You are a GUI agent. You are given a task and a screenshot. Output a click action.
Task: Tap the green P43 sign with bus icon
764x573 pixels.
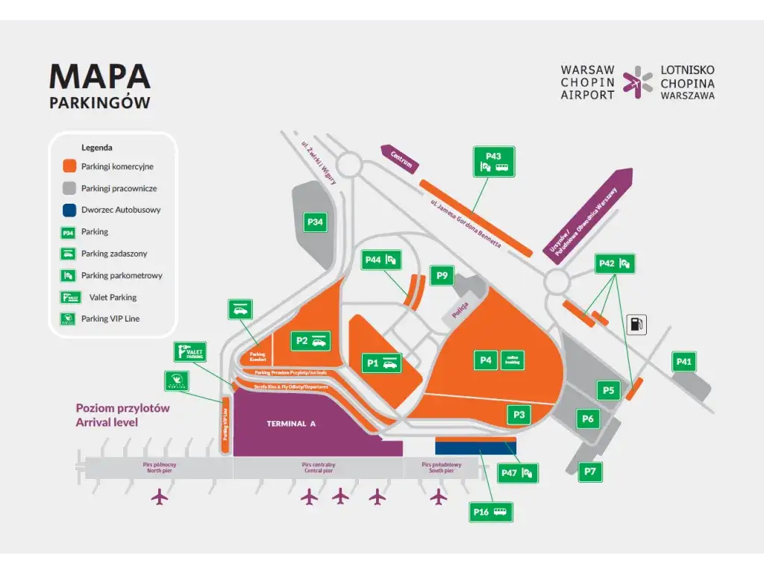pos(494,161)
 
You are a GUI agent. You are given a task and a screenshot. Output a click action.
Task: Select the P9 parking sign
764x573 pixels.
pos(442,276)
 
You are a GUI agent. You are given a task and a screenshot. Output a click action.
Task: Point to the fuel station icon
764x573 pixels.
pos(636,325)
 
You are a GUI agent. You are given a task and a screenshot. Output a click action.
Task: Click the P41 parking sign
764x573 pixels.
pos(684,363)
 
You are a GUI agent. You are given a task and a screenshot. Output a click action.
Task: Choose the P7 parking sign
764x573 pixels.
pos(590,472)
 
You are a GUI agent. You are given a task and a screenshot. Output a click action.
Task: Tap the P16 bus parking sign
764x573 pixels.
pos(492,512)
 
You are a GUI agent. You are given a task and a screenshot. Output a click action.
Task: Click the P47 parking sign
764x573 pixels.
pos(518,472)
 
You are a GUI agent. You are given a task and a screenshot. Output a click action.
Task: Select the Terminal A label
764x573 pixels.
pos(292,424)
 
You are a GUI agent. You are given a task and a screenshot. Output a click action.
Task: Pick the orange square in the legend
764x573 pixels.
pos(69,166)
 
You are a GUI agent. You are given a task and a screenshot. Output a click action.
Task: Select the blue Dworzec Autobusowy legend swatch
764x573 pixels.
pos(69,210)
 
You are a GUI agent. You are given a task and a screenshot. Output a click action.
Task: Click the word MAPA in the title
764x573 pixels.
pos(100,77)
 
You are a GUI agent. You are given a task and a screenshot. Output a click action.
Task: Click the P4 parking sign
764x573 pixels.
pos(486,360)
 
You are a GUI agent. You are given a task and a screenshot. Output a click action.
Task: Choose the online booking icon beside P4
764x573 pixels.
pos(513,360)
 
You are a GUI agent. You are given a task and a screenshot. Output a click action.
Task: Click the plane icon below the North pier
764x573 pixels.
pos(160,496)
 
